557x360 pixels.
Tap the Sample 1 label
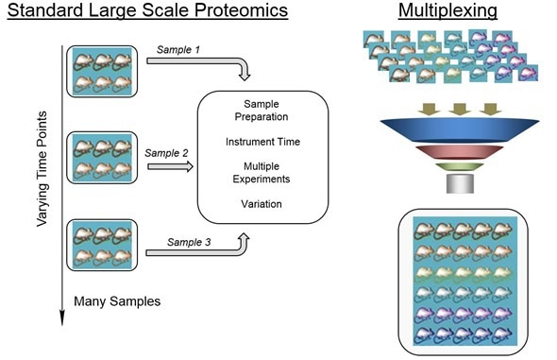pyautogui.click(x=177, y=48)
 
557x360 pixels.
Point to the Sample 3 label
pyautogui.click(x=189, y=242)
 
